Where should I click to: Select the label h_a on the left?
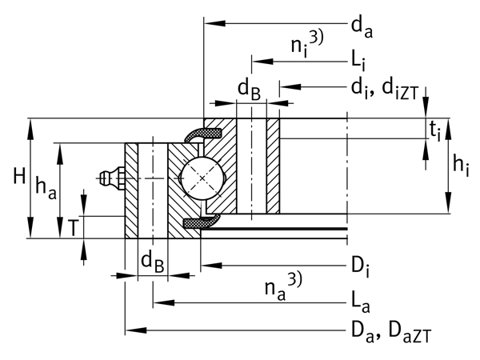click(45, 189)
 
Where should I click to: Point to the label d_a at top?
click(362, 28)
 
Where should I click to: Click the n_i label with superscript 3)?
click(306, 46)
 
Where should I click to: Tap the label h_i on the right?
click(460, 166)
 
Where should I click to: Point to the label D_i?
click(360, 264)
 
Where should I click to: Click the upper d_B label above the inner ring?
click(248, 91)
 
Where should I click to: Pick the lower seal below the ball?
click(200, 222)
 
